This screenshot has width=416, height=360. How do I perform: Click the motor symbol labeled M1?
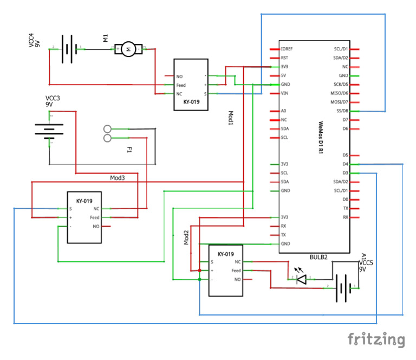(128, 50)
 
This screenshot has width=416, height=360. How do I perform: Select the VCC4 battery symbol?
(67, 50)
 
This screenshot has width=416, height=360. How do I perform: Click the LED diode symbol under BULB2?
(302, 279)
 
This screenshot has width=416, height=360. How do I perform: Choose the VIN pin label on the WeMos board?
(285, 93)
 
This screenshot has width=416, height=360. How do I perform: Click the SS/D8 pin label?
(342, 111)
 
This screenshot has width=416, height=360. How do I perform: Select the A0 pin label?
(284, 111)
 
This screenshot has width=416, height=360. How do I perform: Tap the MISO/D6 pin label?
(340, 93)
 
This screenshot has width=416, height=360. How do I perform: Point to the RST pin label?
(285, 57)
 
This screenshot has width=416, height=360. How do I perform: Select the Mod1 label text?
(230, 118)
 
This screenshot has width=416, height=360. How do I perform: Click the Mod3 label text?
(118, 178)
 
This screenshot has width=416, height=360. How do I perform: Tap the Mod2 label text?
(186, 237)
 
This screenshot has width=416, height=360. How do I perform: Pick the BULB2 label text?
(318, 257)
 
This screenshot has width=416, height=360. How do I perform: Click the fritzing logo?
(376, 339)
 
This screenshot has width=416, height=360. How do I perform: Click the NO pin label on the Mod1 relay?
(180, 76)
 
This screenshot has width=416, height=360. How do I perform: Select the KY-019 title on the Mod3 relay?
(84, 201)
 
